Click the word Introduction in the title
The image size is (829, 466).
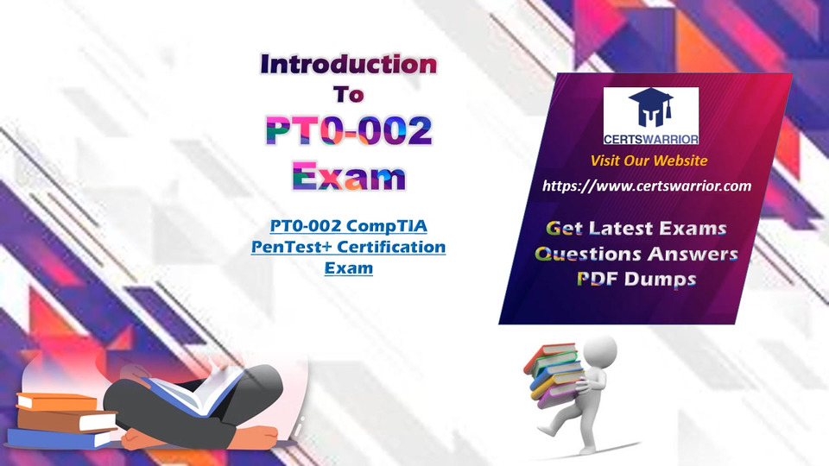349,65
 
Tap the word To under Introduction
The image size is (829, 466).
349,95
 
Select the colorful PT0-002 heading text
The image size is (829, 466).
349,130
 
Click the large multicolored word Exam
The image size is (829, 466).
349,175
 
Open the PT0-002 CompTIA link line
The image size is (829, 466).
348,225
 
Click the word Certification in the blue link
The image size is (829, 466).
391,247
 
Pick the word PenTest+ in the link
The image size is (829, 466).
292,247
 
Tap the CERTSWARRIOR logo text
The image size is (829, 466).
651,140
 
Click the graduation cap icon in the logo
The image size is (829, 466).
651,107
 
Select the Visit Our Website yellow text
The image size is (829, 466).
649,161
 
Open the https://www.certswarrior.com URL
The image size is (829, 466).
647,186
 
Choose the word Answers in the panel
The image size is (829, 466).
693,254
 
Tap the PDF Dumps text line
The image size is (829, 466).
636,279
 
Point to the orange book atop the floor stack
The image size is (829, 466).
57,402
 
